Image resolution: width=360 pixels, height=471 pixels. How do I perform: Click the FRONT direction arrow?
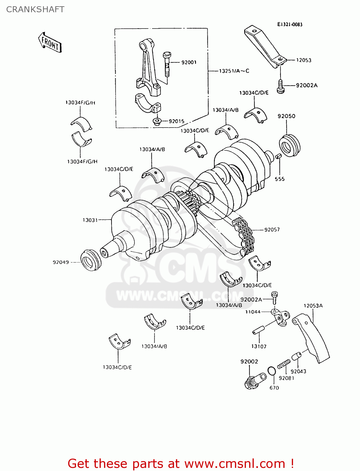(x=50, y=42)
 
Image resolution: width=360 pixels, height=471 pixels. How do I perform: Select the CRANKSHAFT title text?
(x=35, y=9)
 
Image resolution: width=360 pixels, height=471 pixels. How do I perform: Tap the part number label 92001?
(x=189, y=62)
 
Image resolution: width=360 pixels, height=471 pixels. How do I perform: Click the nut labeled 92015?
(x=156, y=121)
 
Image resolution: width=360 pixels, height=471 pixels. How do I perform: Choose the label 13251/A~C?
(x=234, y=71)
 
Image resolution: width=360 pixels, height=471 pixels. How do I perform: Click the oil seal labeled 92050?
(x=289, y=145)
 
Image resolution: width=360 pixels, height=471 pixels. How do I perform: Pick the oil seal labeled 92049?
(x=90, y=260)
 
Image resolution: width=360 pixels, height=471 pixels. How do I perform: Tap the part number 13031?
(x=90, y=220)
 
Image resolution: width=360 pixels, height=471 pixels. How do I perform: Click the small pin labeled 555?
(x=278, y=156)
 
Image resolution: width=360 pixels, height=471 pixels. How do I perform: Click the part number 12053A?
(x=313, y=306)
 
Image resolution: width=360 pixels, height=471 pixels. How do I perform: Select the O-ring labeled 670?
(x=272, y=371)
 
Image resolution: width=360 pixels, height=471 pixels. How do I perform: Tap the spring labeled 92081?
(x=284, y=365)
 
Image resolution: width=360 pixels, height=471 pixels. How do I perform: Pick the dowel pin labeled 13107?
(x=259, y=330)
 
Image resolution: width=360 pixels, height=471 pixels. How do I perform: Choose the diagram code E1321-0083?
(x=290, y=24)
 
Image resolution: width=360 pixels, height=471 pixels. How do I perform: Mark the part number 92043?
(x=298, y=371)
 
